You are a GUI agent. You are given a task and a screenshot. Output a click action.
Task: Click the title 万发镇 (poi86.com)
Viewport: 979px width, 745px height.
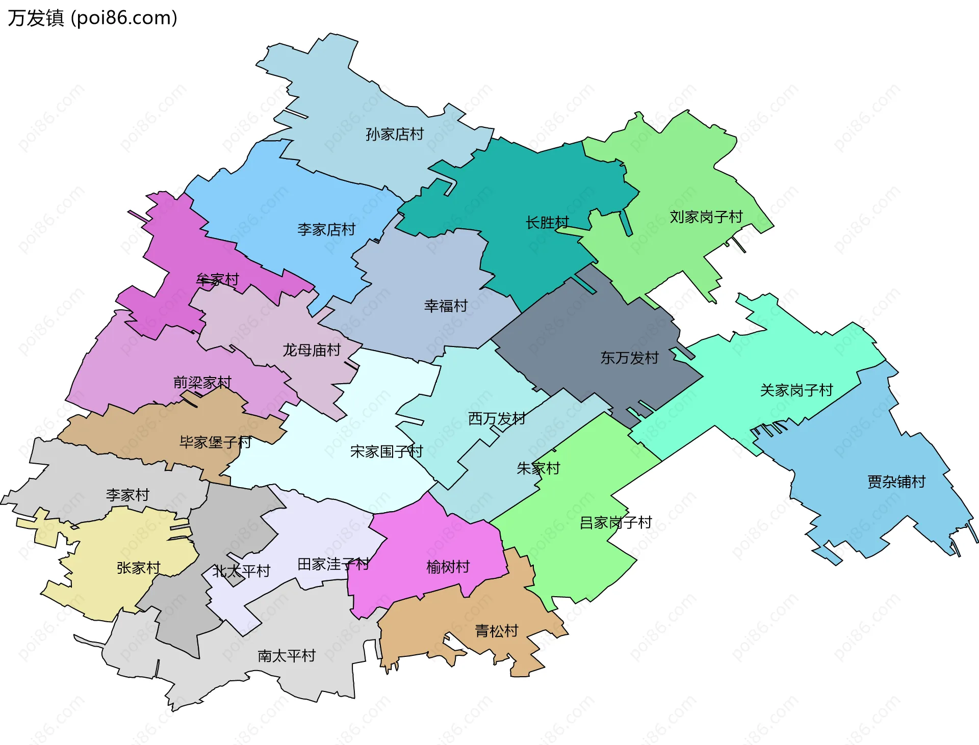92,18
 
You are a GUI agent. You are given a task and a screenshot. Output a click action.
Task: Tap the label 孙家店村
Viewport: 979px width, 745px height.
395,134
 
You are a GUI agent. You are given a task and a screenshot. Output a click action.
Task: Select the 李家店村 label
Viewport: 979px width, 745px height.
326,229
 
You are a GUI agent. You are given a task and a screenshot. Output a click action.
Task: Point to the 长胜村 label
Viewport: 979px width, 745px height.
547,223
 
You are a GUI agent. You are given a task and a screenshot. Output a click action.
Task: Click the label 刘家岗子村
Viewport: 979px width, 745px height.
706,217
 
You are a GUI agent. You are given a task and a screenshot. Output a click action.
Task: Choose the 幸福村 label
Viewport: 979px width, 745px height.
446,306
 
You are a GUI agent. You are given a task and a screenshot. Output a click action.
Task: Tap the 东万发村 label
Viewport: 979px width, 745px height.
630,358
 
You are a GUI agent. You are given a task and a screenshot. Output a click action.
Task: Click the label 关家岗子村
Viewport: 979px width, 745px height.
796,390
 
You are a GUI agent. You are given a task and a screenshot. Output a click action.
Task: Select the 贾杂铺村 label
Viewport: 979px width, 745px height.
896,482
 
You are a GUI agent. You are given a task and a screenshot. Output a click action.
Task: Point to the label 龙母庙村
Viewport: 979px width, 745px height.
312,350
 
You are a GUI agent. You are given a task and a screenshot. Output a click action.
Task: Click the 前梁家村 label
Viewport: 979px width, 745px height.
202,382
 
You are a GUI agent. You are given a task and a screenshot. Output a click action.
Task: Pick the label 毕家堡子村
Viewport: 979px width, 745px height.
216,442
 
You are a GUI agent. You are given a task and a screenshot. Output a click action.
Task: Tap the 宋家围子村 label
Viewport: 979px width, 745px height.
387,451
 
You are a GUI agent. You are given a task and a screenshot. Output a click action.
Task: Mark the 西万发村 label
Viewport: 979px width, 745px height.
497,418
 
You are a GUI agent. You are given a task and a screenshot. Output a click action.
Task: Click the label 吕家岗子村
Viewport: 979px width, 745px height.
616,522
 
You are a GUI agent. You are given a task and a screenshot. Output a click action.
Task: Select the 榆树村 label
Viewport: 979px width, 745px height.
448,567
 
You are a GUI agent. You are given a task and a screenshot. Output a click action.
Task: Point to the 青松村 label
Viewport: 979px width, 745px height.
497,631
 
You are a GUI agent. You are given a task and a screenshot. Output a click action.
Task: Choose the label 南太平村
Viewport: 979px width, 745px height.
287,655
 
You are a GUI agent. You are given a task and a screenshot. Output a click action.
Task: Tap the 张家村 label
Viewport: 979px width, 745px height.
139,568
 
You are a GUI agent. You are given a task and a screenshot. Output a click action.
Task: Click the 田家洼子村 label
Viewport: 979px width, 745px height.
333,564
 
